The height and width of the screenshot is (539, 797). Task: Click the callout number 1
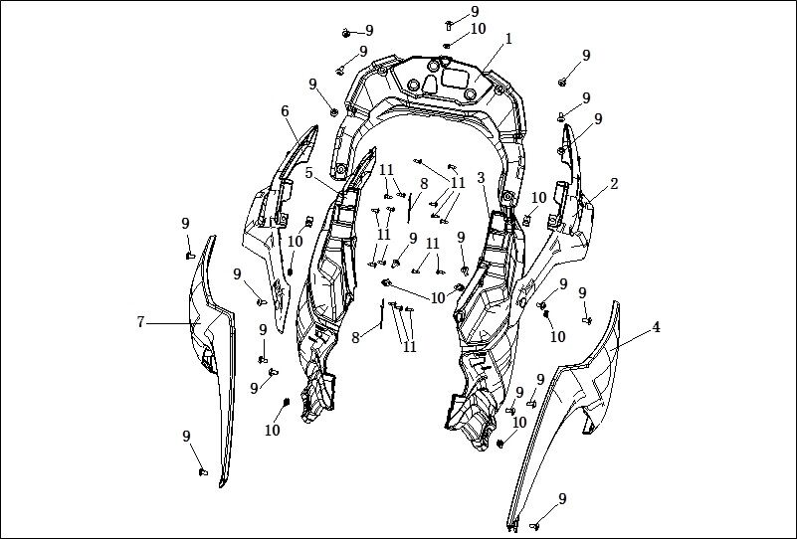508,39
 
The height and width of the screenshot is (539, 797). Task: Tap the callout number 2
614,184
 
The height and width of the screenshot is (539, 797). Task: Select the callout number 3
481,178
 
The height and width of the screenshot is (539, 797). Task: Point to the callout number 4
656,327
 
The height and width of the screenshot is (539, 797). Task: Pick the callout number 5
309,173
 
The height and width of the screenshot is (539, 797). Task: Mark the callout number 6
285,110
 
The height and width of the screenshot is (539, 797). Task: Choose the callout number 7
141,322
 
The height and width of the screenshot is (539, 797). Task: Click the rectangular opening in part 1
457,78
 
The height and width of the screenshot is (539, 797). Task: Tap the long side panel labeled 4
564,407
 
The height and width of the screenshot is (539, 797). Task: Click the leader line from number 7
173,323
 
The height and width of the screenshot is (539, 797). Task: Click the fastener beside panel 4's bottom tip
534,526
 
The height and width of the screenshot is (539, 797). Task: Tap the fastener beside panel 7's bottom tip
203,472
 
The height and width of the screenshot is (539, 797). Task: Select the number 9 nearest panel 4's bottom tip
562,499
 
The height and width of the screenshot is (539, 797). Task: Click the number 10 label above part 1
478,29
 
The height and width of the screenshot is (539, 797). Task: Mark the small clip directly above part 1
447,46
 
